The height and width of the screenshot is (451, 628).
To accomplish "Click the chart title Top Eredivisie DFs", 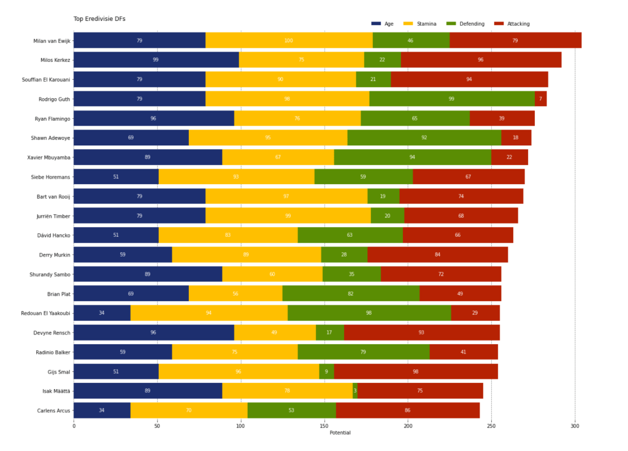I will pos(99,19).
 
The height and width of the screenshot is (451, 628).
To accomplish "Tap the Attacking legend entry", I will pos(518,24).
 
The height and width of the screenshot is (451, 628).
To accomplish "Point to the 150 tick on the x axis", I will pos(324,425).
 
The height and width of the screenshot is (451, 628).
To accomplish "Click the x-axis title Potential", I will pos(340,433).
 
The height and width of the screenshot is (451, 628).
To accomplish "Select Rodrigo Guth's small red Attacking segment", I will pos(540,99).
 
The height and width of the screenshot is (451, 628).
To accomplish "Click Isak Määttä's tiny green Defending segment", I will pos(355,390).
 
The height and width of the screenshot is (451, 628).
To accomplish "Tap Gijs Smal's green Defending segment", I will pos(326,371).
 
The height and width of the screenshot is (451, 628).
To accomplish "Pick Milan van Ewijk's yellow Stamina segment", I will pos(289,40).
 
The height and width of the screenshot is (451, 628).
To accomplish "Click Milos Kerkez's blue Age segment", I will pos(156,60).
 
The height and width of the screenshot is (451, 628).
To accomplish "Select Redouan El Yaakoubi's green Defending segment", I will pos(369,313).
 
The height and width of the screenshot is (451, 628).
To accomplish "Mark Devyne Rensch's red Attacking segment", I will pos(421,333).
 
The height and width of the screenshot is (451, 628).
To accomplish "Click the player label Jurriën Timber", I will pos(53,216).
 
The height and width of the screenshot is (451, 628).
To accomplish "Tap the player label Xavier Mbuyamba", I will pos(48,157).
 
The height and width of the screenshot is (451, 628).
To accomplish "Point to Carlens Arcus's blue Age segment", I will pos(102,410).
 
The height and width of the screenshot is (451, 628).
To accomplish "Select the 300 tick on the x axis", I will pos(575,425).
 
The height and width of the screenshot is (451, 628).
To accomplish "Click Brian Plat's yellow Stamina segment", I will pos(235,293).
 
